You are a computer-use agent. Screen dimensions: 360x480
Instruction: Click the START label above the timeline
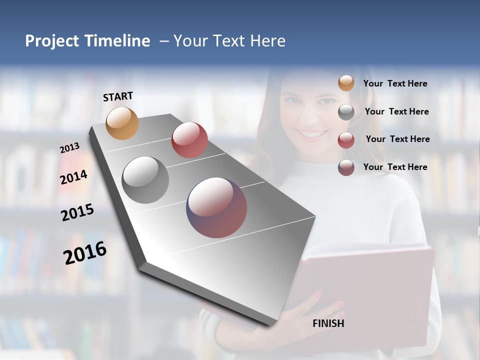click(118, 96)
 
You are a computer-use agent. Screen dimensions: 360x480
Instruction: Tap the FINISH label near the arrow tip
click(328, 323)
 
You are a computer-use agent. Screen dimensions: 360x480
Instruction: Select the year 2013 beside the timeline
click(70, 148)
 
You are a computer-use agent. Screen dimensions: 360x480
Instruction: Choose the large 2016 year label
click(85, 253)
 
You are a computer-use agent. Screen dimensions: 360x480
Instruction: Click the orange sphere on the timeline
click(122, 123)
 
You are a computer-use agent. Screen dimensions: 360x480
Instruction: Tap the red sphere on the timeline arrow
click(189, 140)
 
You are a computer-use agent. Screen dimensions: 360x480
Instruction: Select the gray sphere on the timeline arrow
click(145, 180)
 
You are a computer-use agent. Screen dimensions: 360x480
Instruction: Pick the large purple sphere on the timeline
click(216, 207)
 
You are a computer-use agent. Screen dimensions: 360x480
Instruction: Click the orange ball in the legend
click(346, 83)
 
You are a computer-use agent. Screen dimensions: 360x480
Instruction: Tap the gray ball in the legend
click(346, 112)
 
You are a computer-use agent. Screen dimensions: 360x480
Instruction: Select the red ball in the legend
click(346, 140)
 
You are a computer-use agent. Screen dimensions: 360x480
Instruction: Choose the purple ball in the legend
click(346, 167)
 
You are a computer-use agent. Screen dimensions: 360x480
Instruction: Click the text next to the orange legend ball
click(395, 84)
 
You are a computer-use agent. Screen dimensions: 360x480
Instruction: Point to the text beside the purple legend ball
click(395, 167)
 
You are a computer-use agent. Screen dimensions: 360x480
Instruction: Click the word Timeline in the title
click(118, 41)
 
